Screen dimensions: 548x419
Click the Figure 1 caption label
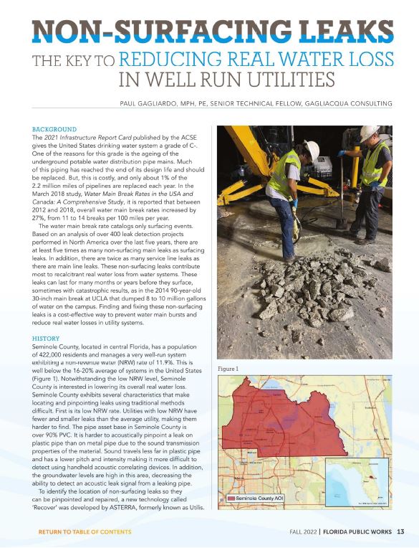tap(228, 369)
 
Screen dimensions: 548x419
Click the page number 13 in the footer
tap(401, 532)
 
